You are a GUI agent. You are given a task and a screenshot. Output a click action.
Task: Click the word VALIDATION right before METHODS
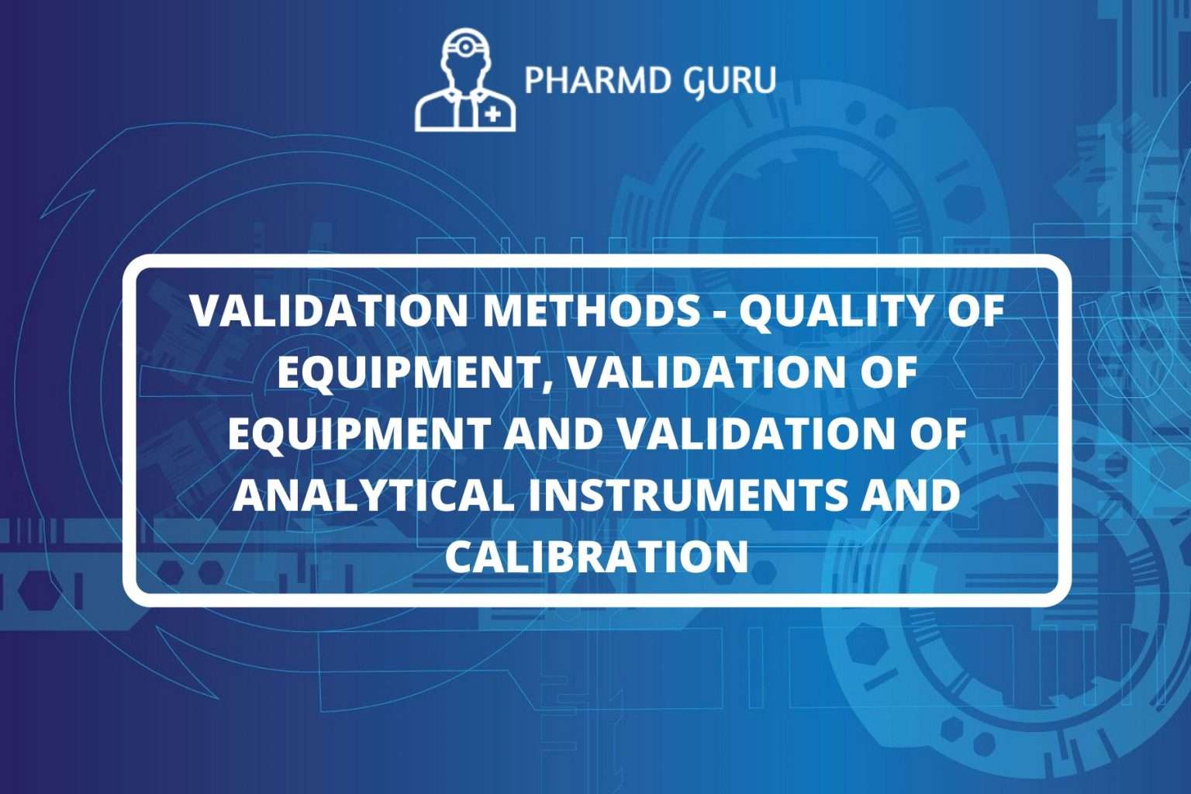point(329,311)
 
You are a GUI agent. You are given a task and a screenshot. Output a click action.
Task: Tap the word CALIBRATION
point(596,555)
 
